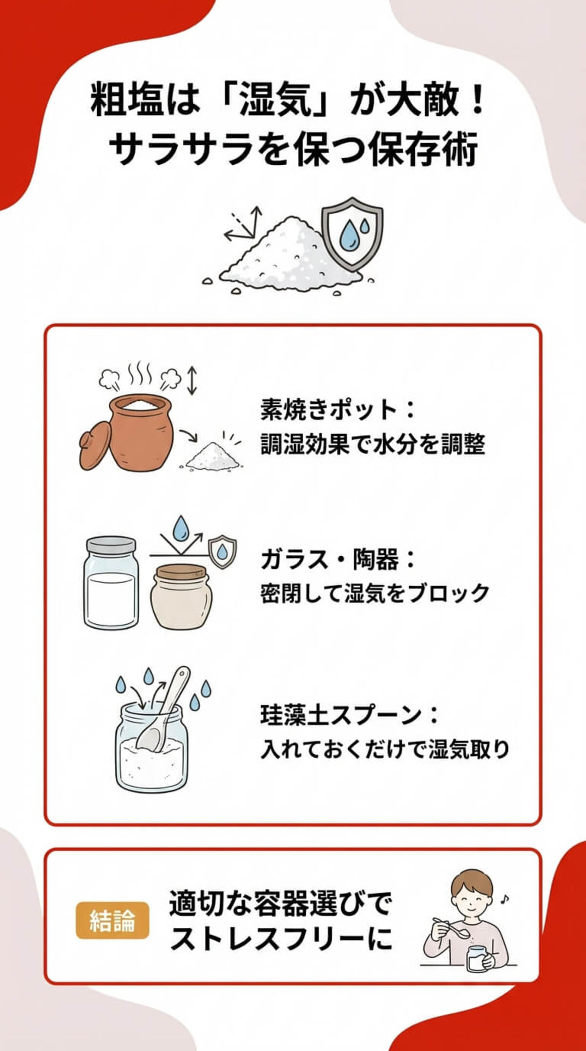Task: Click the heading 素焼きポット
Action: click(x=329, y=410)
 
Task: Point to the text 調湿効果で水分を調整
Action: click(x=372, y=444)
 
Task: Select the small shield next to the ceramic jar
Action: click(x=222, y=552)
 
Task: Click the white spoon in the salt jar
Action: click(x=164, y=709)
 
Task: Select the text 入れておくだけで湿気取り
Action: click(x=385, y=749)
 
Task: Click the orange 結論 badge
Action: click(x=112, y=920)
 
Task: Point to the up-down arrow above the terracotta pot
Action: click(x=192, y=380)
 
